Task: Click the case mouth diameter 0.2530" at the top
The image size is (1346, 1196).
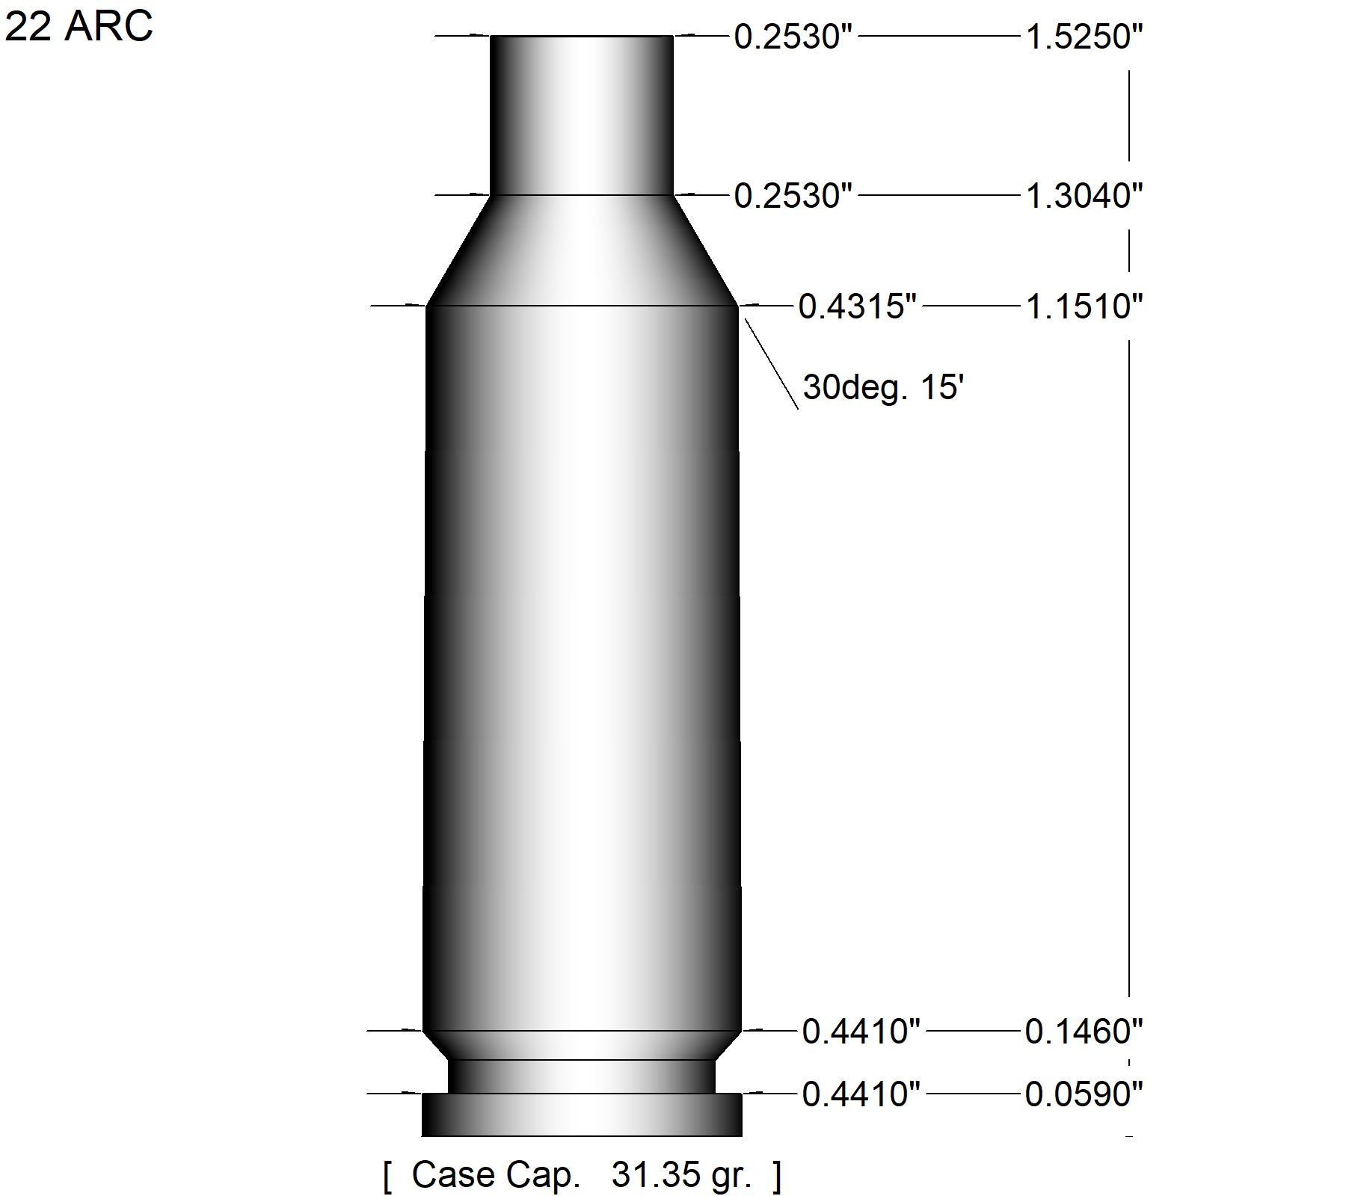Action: click(x=793, y=37)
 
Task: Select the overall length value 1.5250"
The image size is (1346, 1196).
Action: click(x=1084, y=37)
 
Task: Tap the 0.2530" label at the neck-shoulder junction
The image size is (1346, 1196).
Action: click(x=793, y=196)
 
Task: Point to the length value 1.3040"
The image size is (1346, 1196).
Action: click(x=1084, y=196)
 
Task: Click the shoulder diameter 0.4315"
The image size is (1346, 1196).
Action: click(x=858, y=306)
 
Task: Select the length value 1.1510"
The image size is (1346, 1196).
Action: click(x=1084, y=306)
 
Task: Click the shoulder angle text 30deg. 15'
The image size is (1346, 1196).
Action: click(x=882, y=388)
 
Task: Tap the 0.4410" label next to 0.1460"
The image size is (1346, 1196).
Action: click(x=861, y=1032)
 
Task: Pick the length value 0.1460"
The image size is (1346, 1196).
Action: click(x=1084, y=1032)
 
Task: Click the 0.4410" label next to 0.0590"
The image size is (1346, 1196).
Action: click(x=861, y=1094)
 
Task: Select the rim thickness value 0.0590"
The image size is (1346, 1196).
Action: click(x=1084, y=1094)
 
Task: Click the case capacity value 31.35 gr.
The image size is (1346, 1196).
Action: click(x=680, y=1176)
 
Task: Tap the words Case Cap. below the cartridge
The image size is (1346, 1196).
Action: click(x=496, y=1175)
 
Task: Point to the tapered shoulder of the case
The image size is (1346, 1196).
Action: click(x=582, y=250)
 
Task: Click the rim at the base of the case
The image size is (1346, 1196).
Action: click(x=582, y=1115)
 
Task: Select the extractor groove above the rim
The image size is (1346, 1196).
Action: click(x=582, y=1076)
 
